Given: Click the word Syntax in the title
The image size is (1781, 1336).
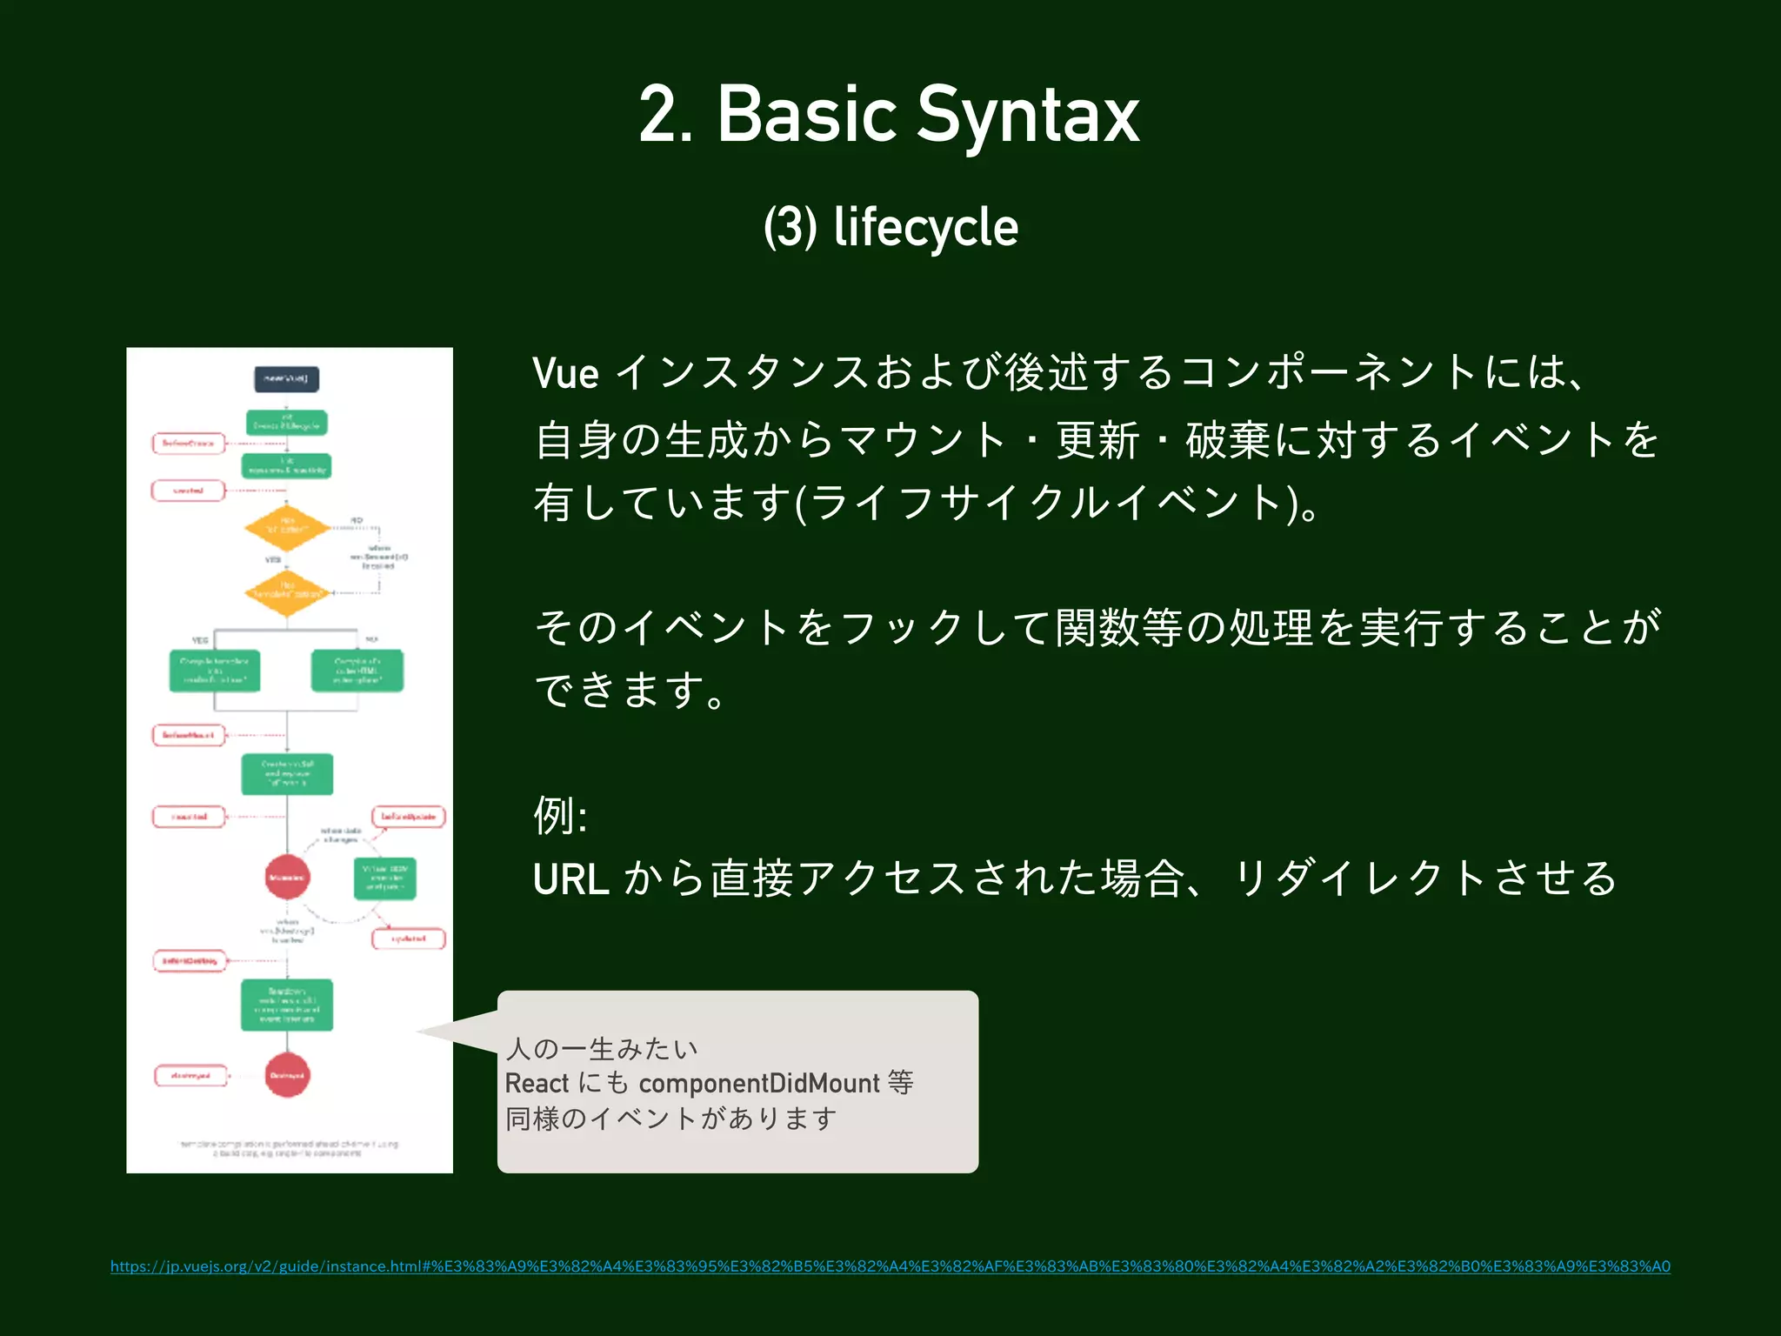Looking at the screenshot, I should tap(1028, 116).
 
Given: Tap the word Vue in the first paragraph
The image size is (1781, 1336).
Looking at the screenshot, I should tap(565, 374).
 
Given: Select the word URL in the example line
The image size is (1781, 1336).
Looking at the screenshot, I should tap(570, 879).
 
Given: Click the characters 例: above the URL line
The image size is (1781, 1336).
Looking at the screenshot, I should tap(560, 816).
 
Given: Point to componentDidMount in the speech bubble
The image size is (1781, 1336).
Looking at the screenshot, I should tap(759, 1083).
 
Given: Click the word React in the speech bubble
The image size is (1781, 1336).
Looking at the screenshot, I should tap(537, 1083).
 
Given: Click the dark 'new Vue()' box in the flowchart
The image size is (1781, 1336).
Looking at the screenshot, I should tap(286, 379).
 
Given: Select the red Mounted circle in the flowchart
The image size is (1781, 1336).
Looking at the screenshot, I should tap(287, 877).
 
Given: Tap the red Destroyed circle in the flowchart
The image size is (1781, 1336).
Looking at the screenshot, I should tap(287, 1075).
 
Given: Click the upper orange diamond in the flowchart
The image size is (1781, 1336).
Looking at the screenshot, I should tap(287, 528).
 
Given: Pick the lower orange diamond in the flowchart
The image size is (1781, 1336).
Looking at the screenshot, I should tap(287, 593).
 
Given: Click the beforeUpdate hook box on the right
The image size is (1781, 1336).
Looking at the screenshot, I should tap(409, 817).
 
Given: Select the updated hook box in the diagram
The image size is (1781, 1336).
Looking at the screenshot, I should tap(409, 939).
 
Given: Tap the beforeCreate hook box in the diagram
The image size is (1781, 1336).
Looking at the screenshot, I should tap(189, 444).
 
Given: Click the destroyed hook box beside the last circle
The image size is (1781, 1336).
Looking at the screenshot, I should tap(190, 1076).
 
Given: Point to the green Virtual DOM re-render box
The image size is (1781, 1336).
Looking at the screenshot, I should tap(385, 878).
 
